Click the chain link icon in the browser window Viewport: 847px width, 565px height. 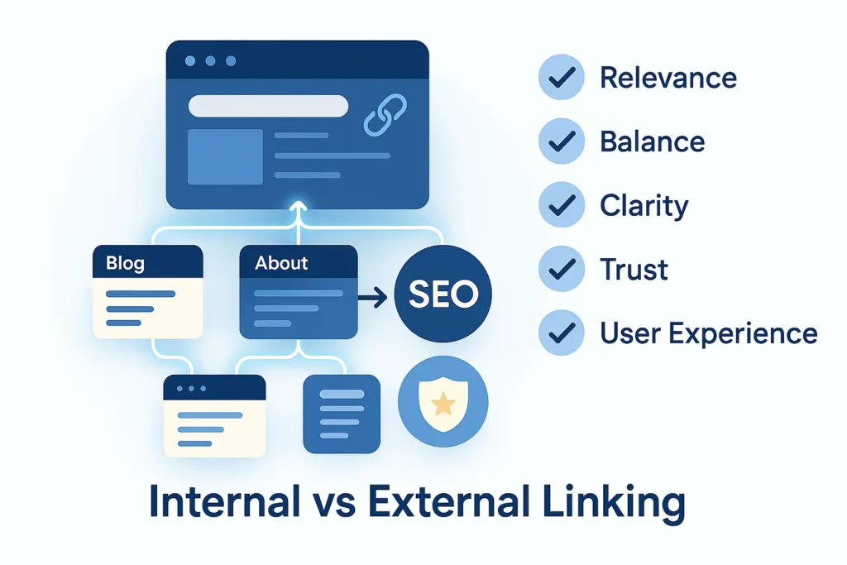tap(385, 116)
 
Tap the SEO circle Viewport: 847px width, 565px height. tap(443, 293)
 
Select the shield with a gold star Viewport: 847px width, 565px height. tap(443, 403)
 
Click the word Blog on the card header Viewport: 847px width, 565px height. tap(125, 263)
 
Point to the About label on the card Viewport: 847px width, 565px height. tap(281, 263)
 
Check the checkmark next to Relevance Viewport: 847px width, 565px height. tap(562, 79)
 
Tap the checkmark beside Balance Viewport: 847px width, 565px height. tap(562, 141)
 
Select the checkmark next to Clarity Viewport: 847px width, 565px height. tap(562, 205)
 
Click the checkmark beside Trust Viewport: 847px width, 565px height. tap(562, 269)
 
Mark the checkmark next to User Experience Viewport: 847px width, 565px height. tap(562, 333)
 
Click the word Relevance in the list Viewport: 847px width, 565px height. tap(668, 79)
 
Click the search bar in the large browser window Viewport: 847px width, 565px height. tap(268, 106)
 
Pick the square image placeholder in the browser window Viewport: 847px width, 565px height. tap(225, 156)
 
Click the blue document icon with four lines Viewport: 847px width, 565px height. tap(342, 414)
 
